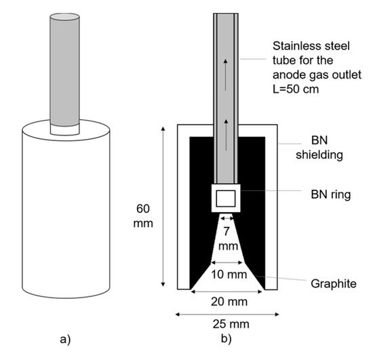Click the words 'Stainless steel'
point(305,47)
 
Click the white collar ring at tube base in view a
point(65,127)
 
